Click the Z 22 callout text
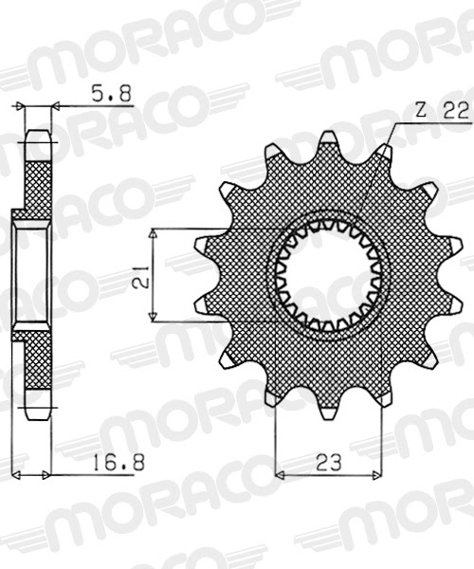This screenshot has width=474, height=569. (x=441, y=110)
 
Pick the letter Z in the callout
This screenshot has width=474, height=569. (x=420, y=110)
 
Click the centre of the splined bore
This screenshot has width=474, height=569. (x=330, y=276)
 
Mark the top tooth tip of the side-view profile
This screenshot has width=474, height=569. (x=39, y=137)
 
